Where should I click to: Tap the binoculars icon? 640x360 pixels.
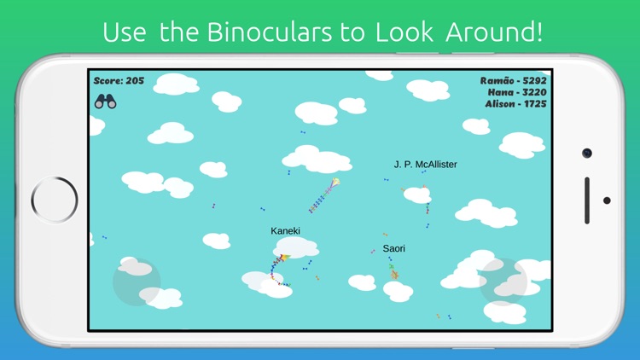click(x=105, y=102)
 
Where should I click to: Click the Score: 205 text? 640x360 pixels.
click(x=119, y=81)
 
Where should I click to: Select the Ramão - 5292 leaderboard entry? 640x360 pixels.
click(x=513, y=80)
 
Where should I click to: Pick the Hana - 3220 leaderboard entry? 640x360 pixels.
click(x=517, y=92)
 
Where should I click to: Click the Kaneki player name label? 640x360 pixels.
click(x=285, y=231)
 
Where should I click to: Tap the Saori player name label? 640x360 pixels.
click(x=393, y=248)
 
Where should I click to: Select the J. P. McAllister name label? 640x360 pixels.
click(x=425, y=164)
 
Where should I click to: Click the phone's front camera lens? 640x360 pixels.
click(x=586, y=153)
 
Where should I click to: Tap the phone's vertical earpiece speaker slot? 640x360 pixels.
click(x=586, y=200)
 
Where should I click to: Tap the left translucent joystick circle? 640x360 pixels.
click(x=137, y=282)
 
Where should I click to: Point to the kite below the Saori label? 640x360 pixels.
click(x=393, y=272)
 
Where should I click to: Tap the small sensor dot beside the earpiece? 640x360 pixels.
click(x=606, y=200)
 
